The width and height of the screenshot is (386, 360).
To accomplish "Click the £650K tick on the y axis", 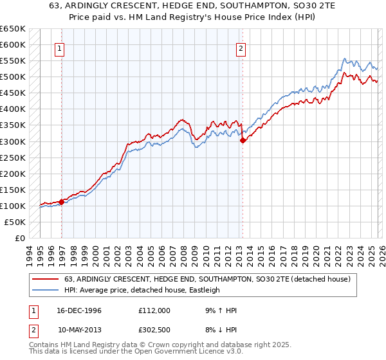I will pos(13,29).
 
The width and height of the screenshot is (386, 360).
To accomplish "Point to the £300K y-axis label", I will pos(13,141).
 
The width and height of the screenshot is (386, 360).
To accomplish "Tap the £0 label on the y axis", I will pos(21,238).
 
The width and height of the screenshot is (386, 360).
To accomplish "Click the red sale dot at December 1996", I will pos(62,202).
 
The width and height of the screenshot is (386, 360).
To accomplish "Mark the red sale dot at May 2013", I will pos(243,140).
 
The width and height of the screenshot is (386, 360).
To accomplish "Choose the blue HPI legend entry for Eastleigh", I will pos(142,290).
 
